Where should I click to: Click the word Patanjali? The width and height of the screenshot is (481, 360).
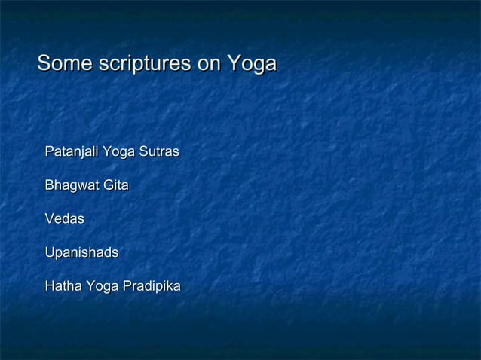(x=71, y=152)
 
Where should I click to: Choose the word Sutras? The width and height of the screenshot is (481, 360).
(x=158, y=152)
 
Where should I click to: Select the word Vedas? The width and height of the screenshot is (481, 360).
(x=64, y=219)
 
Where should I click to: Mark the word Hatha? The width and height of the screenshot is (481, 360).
(x=63, y=287)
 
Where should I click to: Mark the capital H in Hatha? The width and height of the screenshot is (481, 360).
(x=50, y=287)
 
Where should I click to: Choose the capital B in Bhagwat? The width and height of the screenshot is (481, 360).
(x=50, y=185)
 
